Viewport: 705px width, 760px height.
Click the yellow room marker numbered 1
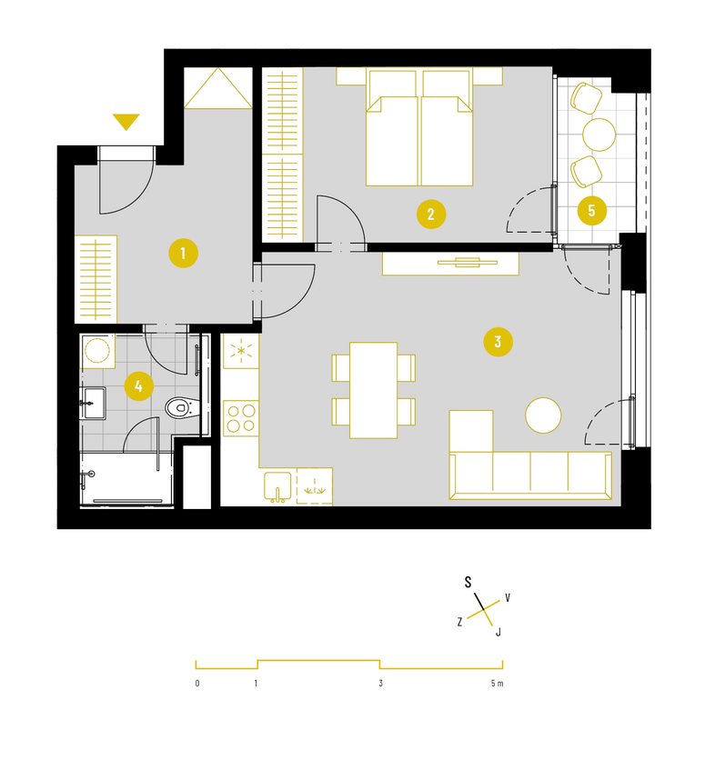point(183,253)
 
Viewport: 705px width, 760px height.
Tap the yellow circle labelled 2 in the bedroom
point(431,215)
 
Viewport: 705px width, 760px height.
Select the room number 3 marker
point(498,342)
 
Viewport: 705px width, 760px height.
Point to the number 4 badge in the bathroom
point(138,386)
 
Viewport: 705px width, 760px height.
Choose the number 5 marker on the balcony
point(591,211)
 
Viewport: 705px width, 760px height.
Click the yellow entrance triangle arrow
point(126,122)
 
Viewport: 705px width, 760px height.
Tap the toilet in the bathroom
point(182,407)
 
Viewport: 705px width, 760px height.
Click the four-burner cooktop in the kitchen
point(241,418)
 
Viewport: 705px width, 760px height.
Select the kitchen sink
point(277,486)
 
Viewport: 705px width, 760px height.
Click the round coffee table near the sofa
point(543,415)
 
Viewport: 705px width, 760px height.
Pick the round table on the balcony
point(599,135)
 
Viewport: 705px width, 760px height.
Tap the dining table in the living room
point(373,390)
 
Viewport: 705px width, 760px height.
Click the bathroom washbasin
point(94,403)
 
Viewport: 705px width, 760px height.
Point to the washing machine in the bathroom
point(97,351)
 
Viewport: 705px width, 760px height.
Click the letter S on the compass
point(468,582)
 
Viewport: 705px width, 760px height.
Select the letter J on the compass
point(498,632)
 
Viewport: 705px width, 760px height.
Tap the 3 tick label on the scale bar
point(380,684)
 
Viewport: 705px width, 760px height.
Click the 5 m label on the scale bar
point(497,684)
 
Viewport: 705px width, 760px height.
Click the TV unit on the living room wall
point(450,264)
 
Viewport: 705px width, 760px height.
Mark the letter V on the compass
point(508,597)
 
